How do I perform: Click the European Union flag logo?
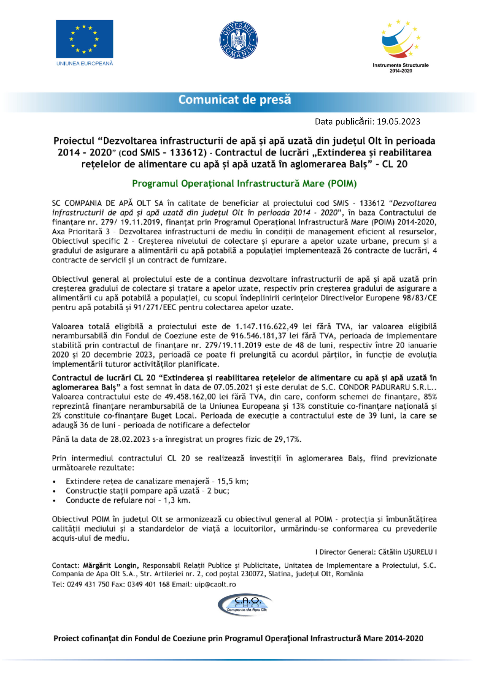tap(84, 39)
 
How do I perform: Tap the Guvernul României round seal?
tap(238, 40)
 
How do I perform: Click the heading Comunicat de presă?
tap(235, 100)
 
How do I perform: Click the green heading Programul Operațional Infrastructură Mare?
tap(244, 184)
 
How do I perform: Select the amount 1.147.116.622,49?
tap(267, 326)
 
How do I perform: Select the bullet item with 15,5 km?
tap(157, 481)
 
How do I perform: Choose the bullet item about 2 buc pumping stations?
tap(147, 491)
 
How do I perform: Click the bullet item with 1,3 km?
tap(128, 500)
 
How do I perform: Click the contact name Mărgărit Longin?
tap(110, 566)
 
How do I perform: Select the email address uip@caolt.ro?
tap(215, 584)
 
